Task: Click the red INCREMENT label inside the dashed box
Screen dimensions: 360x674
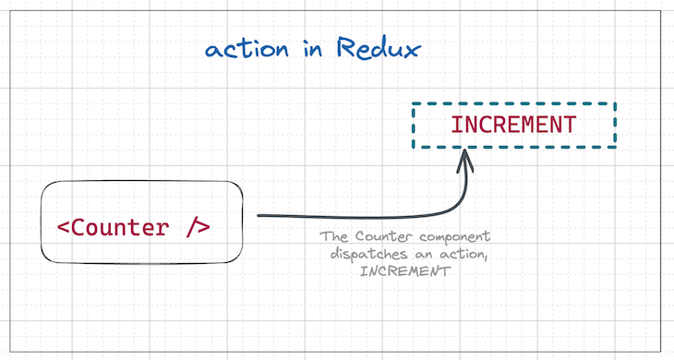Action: coord(513,125)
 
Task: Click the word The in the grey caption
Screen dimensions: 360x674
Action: coord(332,236)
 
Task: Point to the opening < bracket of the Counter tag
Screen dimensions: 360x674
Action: coord(62,226)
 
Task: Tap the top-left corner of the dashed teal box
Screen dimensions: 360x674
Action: coord(413,104)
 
